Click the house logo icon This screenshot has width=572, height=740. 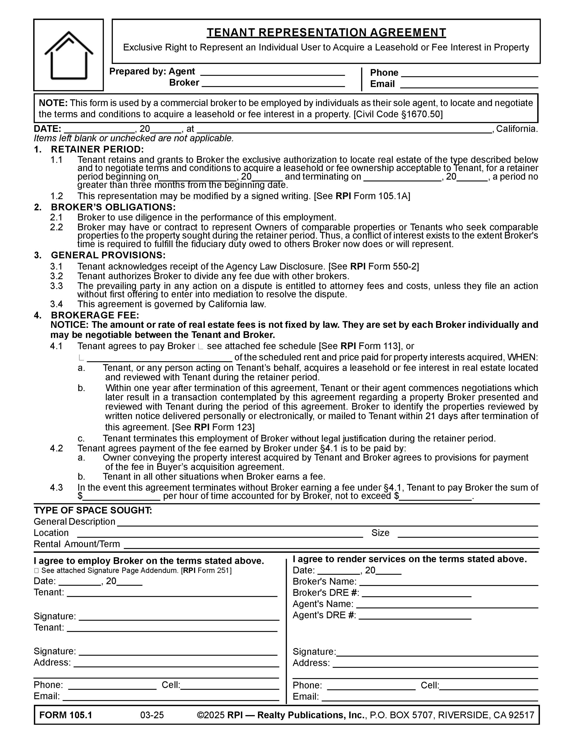[x=69, y=55]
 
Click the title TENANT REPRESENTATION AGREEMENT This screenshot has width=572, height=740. [x=326, y=33]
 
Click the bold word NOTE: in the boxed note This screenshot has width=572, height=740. [x=53, y=103]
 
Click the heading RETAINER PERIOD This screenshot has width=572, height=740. [x=97, y=149]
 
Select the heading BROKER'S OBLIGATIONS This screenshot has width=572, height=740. [x=113, y=207]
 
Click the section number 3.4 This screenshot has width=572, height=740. [x=56, y=304]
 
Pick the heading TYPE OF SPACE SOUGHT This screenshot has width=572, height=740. [x=93, y=510]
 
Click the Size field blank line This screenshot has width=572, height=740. [x=468, y=533]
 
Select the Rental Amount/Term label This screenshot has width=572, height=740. [x=77, y=544]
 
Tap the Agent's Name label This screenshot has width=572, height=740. [x=323, y=604]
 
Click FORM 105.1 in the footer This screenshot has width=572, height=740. [x=66, y=715]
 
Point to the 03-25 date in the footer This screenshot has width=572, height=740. [x=152, y=715]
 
